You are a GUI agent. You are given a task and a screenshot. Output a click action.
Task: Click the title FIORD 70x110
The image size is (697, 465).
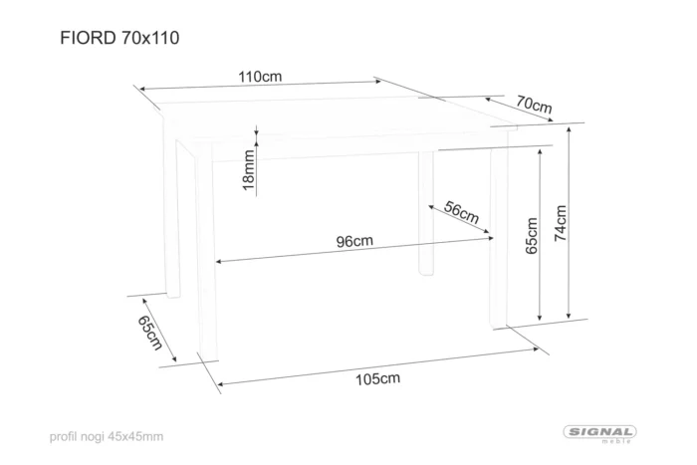pyautogui.click(x=119, y=38)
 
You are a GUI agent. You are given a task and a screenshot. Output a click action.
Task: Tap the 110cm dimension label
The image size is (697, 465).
pyautogui.click(x=260, y=77)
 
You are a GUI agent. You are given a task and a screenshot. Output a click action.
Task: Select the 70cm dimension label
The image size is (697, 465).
pyautogui.click(x=534, y=105)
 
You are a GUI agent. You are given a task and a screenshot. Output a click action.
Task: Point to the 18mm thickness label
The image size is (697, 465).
pyautogui.click(x=249, y=170)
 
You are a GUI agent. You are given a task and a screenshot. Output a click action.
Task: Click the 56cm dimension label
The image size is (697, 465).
pyautogui.click(x=461, y=212)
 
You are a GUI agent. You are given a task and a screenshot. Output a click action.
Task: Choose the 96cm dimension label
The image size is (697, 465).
pyautogui.click(x=354, y=241)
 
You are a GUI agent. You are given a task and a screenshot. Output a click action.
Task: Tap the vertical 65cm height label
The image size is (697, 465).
pyautogui.click(x=532, y=236)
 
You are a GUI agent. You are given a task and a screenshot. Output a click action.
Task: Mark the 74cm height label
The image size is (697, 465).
pyautogui.click(x=561, y=223)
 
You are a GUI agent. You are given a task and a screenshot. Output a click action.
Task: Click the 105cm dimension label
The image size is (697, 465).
pyautogui.click(x=377, y=378)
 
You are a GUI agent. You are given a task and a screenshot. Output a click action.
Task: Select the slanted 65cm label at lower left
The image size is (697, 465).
pyautogui.click(x=149, y=333)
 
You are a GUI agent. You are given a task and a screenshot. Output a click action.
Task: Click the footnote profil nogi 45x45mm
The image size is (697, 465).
pyautogui.click(x=107, y=436)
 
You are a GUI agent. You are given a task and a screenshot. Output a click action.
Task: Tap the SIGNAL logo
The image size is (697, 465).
pyautogui.click(x=600, y=433)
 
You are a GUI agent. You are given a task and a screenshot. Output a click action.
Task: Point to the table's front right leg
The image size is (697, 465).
pyautogui.click(x=499, y=237)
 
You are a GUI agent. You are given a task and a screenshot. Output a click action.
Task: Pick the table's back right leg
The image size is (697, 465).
pyautogui.click(x=426, y=213)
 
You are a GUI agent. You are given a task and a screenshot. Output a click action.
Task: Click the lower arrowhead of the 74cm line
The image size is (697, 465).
pyautogui.click(x=569, y=316)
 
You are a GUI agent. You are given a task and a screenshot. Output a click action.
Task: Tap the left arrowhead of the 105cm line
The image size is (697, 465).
pyautogui.click(x=222, y=384)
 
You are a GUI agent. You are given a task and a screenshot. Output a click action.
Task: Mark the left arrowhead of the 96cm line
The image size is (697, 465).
pyautogui.click(x=220, y=262)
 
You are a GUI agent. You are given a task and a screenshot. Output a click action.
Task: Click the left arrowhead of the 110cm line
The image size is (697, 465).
pyautogui.click(x=143, y=90)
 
